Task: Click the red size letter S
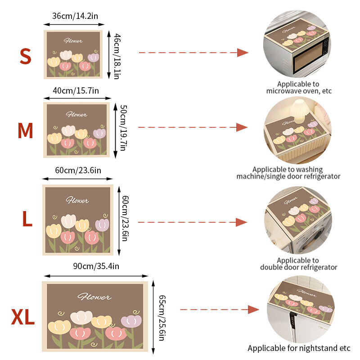[x=26, y=56]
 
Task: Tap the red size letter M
[x=25, y=130]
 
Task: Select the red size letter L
[x=27, y=220]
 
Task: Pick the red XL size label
[x=23, y=317]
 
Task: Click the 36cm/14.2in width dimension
[x=76, y=16]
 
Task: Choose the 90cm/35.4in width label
[x=96, y=266]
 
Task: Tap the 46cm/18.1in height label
[x=117, y=56]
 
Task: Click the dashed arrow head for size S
[x=243, y=53]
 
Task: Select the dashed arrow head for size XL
[x=254, y=309]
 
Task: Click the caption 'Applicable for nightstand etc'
[x=299, y=348]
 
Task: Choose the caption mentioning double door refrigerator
[x=298, y=264]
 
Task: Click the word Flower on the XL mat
[x=94, y=297]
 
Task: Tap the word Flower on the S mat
[x=73, y=41]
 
